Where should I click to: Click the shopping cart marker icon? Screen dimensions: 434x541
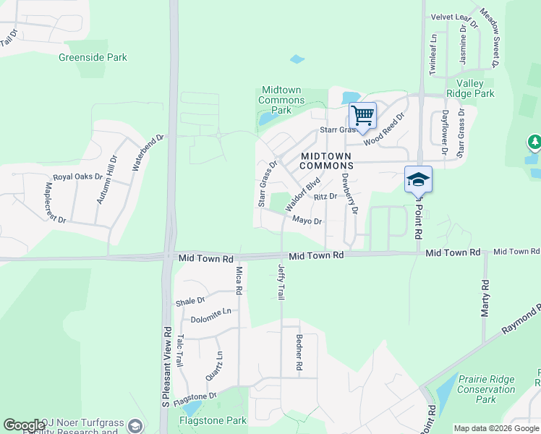[362, 114]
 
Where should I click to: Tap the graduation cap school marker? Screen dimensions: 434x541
[418, 179]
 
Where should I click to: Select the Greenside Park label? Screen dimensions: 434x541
[103, 57]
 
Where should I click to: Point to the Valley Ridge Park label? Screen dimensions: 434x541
[475, 88]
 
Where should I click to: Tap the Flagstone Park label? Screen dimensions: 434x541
[214, 420]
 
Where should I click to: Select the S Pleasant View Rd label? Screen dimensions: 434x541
[165, 366]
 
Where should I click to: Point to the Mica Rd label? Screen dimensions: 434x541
[238, 281]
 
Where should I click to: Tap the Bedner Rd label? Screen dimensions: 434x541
[298, 352]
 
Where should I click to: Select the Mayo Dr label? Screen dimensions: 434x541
[307, 221]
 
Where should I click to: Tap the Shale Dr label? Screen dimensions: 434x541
[190, 300]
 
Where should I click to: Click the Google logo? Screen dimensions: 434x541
[24, 425]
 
